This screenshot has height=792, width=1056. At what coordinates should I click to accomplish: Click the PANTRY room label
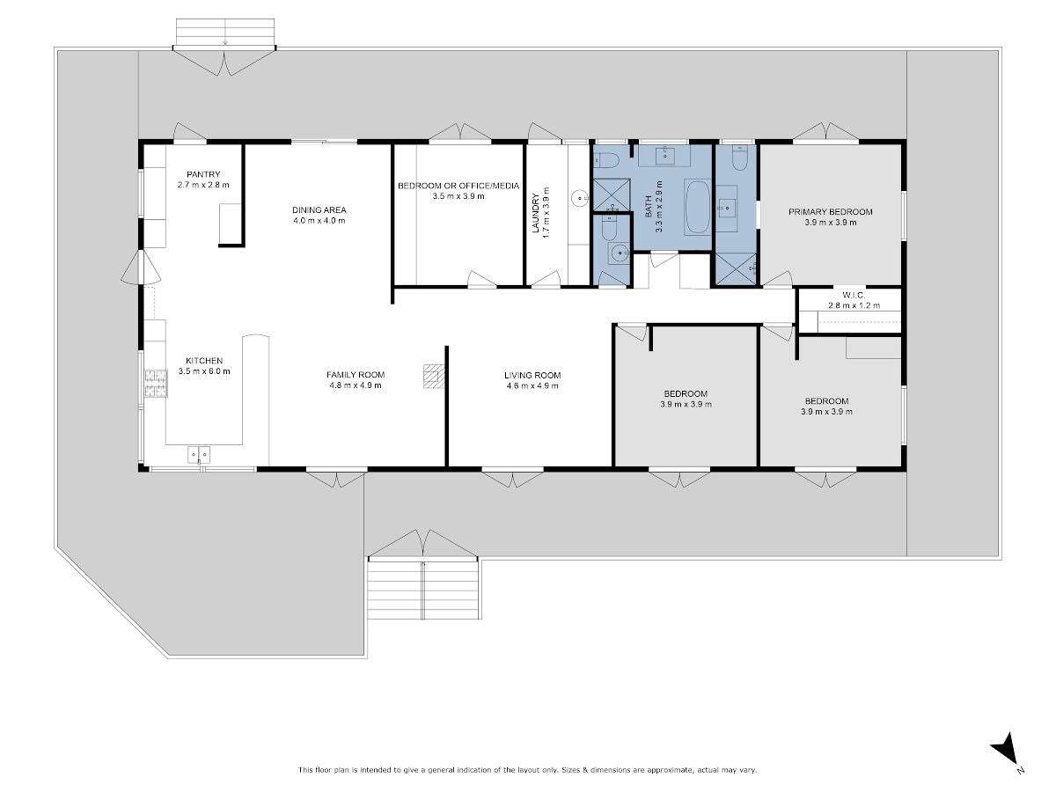203,174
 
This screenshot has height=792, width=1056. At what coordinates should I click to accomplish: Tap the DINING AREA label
319,209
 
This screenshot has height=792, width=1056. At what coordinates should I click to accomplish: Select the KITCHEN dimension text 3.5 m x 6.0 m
204,371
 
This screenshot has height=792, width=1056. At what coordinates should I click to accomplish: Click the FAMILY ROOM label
356,375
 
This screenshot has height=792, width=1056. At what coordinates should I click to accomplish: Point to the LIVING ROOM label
532,375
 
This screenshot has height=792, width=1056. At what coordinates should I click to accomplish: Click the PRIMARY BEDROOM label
831,211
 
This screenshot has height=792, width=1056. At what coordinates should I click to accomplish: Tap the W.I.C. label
854,295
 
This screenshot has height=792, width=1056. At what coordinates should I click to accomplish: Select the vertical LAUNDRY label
535,213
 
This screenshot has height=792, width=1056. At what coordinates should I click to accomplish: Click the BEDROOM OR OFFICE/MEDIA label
458,186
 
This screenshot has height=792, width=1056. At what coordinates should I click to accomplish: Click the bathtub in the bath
697,207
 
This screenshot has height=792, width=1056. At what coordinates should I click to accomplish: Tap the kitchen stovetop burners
156,384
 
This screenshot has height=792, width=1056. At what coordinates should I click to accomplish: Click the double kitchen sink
199,454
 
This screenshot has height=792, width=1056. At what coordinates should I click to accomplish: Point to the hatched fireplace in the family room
434,377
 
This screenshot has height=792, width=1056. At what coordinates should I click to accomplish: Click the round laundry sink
580,198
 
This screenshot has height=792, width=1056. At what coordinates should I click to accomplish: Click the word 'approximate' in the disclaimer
669,769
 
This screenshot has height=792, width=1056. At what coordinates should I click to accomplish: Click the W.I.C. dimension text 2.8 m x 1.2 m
854,305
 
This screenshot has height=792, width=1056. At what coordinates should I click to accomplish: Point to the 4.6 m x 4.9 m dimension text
532,385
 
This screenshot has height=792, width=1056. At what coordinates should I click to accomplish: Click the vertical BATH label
649,207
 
